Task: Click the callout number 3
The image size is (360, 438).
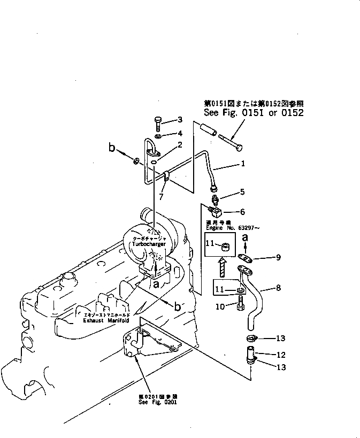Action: pos(180,119)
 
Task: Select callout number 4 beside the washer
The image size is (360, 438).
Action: pos(180,133)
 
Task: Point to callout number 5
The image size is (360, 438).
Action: pos(242,191)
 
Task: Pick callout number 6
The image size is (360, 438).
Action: pos(242,212)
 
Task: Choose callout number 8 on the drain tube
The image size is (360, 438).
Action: pos(278,288)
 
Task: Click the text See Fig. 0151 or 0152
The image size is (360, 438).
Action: pos(254,113)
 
